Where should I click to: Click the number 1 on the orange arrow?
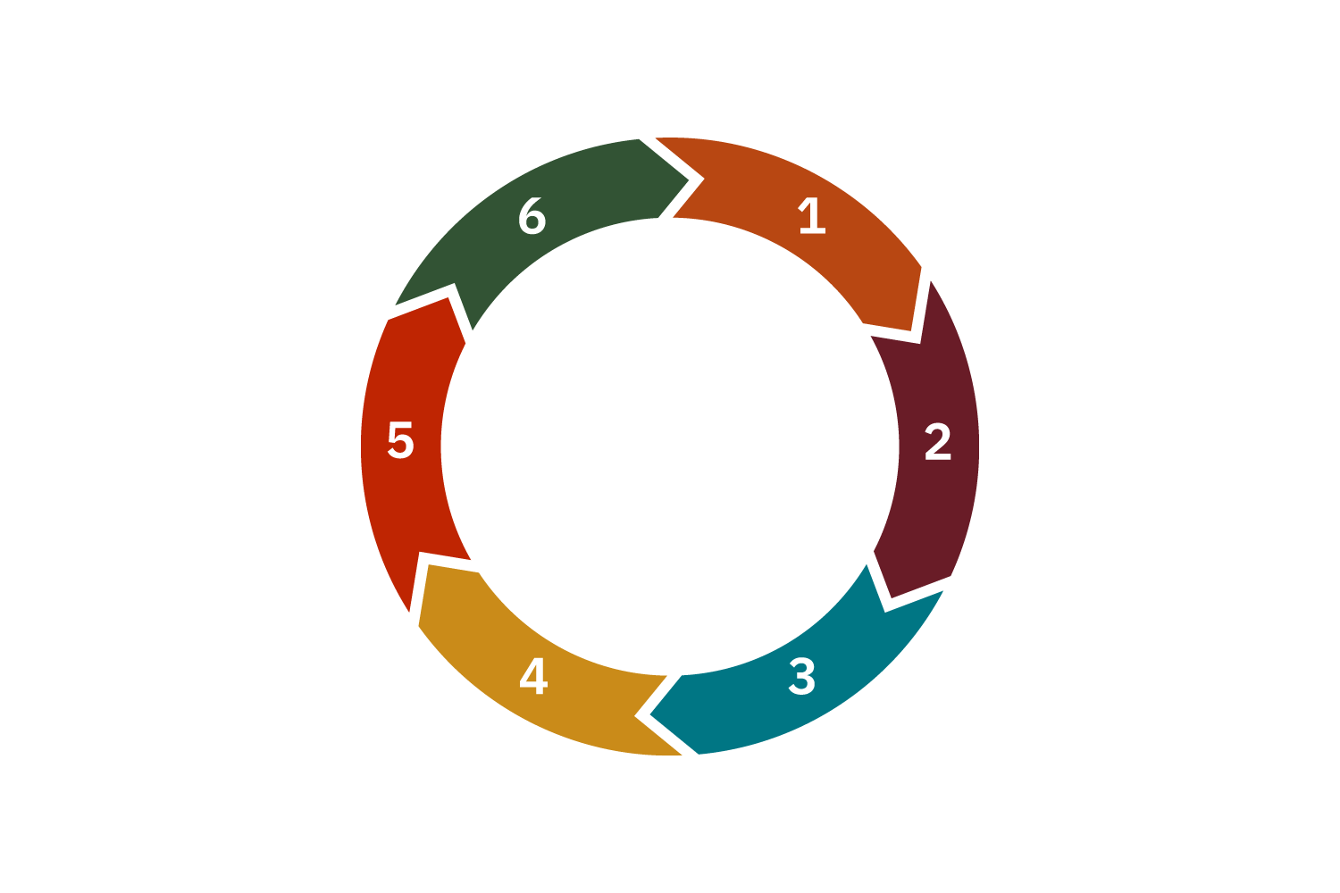click(x=811, y=216)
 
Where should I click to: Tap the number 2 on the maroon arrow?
click(x=937, y=442)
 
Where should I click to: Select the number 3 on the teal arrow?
click(x=801, y=677)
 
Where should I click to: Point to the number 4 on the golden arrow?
click(x=533, y=677)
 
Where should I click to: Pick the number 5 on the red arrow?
click(x=400, y=441)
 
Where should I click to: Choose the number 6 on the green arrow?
click(x=532, y=217)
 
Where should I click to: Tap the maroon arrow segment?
click(x=934, y=500)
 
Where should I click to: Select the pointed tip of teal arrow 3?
click(x=650, y=714)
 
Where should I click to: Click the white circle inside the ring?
click(x=670, y=446)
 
